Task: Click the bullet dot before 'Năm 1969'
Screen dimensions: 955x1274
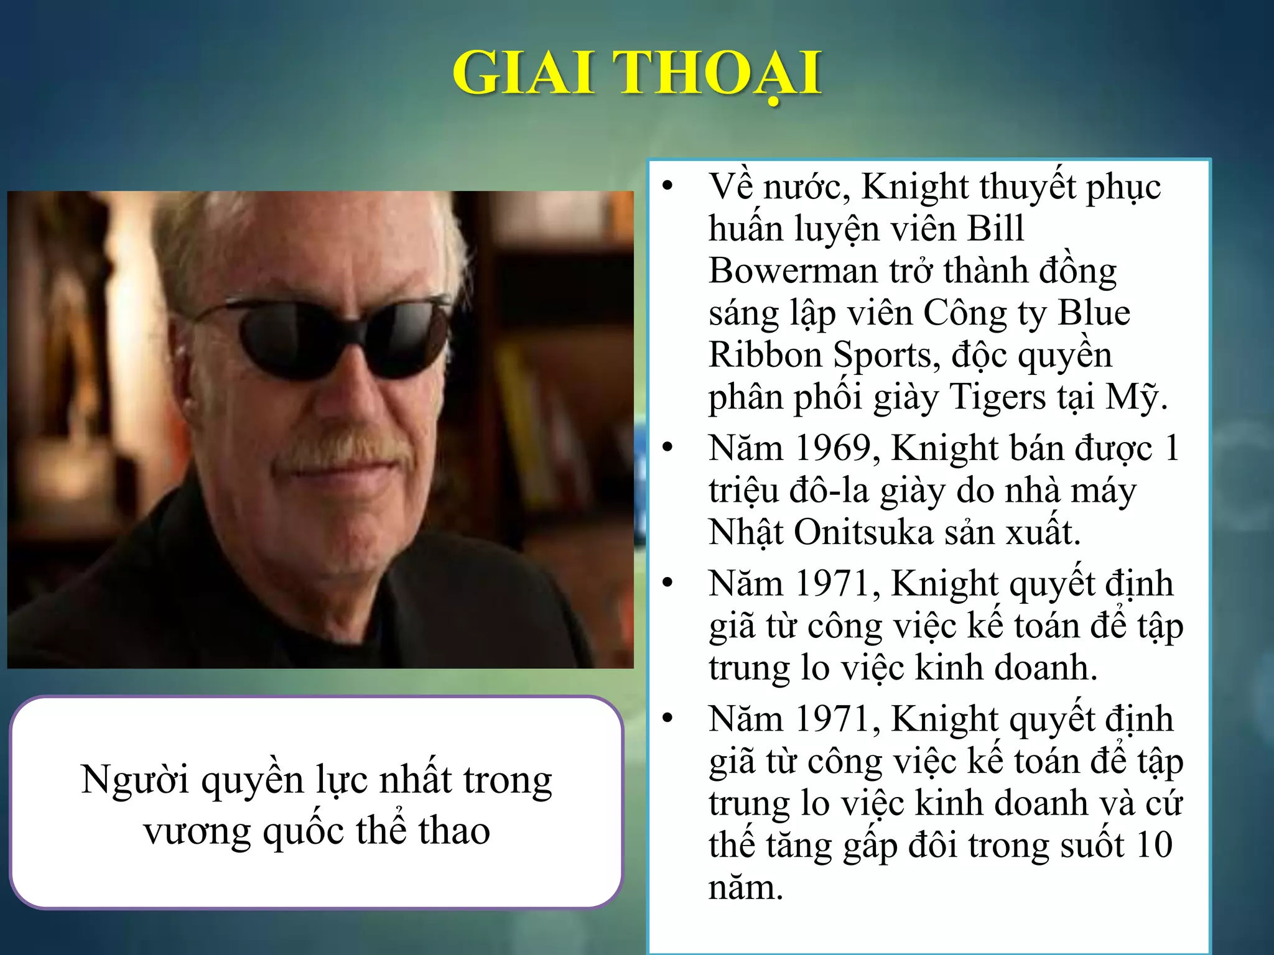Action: point(668,448)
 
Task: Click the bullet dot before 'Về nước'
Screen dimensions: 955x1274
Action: point(668,186)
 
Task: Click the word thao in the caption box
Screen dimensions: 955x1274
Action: point(454,831)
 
